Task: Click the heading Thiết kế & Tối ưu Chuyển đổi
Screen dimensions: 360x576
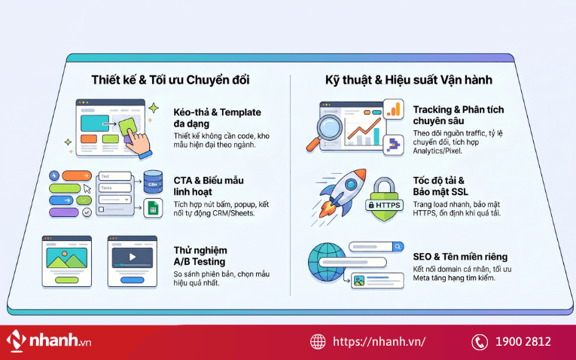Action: (170, 80)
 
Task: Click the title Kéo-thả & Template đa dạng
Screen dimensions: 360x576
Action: (218, 117)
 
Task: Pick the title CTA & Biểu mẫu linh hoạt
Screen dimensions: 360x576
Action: (209, 186)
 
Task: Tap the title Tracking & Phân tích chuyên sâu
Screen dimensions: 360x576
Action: (459, 115)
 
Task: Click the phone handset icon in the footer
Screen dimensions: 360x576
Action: (480, 342)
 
